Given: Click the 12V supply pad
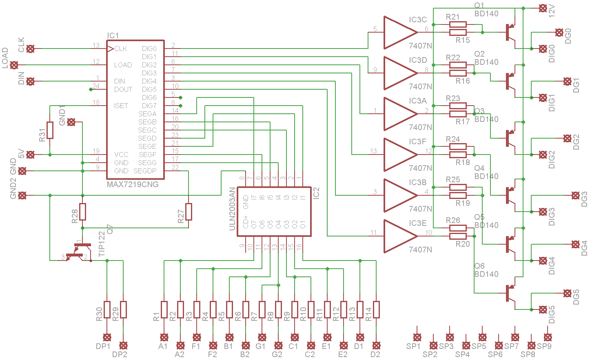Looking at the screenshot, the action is tap(543, 8).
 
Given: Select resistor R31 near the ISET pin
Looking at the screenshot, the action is tap(50, 130).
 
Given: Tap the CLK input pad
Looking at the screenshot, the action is tap(30, 49).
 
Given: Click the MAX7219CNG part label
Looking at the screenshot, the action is tap(133, 184).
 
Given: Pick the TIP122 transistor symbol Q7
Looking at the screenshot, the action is tap(79, 251).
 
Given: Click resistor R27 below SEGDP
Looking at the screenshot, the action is tap(189, 212).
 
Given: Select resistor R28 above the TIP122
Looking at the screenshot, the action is tap(82, 212).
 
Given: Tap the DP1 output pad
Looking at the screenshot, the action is tap(107, 337).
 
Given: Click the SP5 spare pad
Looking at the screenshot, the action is tap(482, 337).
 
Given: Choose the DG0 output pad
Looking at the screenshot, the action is tap(559, 33).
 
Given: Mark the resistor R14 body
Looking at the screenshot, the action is tap(376, 309).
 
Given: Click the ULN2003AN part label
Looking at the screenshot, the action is tap(232, 209).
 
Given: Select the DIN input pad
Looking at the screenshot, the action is tap(30, 81).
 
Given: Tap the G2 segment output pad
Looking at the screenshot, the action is tap(278, 345).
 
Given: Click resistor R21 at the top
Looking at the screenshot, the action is tap(458, 24).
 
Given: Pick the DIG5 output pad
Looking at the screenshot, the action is tap(543, 309).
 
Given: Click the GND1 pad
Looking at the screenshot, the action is tap(71, 122).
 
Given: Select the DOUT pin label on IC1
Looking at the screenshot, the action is tap(123, 89).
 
